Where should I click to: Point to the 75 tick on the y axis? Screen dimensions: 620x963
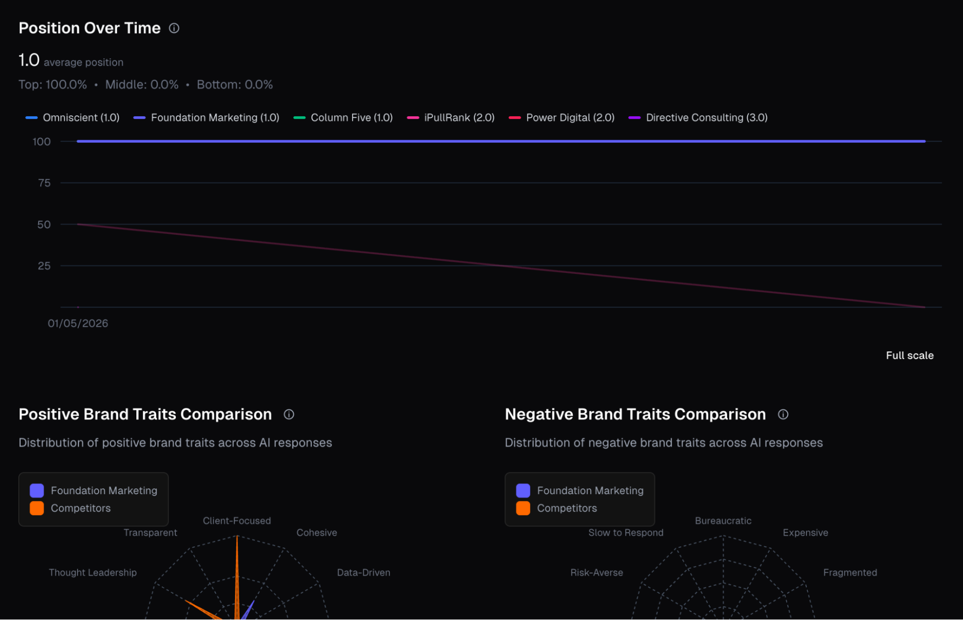pos(44,183)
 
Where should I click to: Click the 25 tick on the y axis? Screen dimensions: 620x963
pos(44,266)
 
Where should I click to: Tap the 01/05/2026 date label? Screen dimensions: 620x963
pos(78,323)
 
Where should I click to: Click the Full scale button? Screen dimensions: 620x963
pos(910,356)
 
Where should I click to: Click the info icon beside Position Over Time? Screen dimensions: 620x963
pos(174,28)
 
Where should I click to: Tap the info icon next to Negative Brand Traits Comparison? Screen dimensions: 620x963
pos(783,415)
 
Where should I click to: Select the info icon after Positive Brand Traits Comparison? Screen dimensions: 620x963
pos(289,415)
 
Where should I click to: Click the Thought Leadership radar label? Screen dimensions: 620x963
pos(93,573)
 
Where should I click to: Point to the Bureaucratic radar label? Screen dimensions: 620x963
pos(723,521)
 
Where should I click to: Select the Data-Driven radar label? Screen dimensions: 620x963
pos(364,573)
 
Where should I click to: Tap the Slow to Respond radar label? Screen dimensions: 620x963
pos(626,533)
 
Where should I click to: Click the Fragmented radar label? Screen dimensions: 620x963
pos(850,573)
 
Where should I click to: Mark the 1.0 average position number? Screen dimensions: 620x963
pos(29,61)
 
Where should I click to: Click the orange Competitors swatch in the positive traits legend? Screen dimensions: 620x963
pos(37,509)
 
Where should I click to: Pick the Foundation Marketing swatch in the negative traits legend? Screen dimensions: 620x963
pos(523,491)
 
